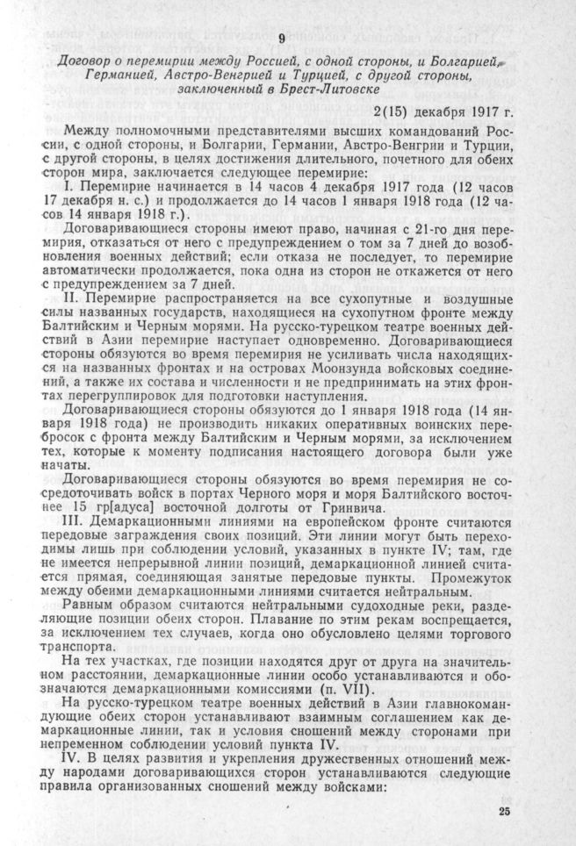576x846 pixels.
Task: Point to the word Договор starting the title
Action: [90, 62]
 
